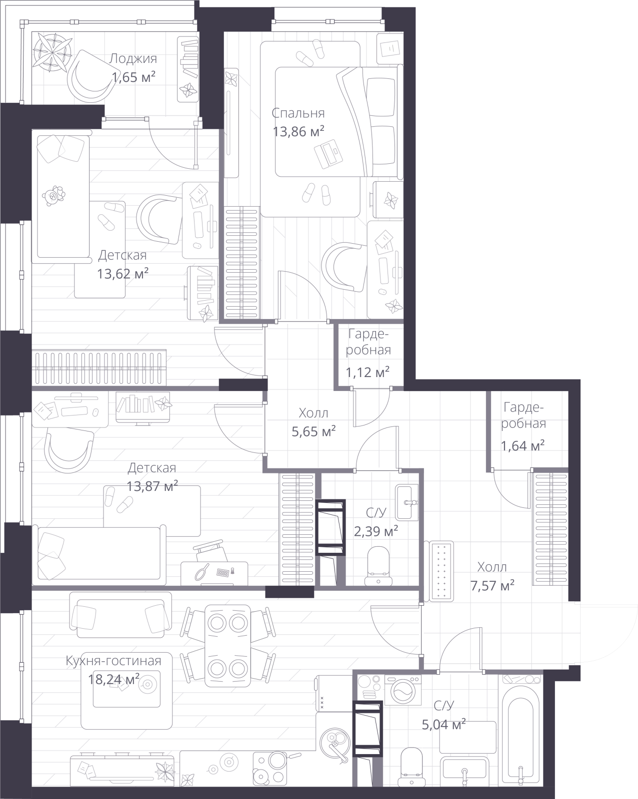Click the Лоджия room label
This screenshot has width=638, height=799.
click(132, 58)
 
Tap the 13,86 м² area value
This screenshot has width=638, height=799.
click(298, 131)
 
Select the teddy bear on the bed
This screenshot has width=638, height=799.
click(53, 195)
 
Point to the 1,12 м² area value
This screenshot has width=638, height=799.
click(367, 372)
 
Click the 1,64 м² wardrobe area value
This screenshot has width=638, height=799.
click(522, 445)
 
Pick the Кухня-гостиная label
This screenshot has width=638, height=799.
click(113, 661)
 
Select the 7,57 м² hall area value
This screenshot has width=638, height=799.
click(492, 585)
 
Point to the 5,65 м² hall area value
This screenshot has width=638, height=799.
click(313, 431)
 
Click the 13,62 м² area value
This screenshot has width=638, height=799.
click(122, 274)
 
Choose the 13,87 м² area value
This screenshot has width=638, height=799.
click(152, 485)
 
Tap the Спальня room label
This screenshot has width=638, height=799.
click(298, 113)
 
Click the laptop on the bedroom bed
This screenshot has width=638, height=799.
click(328, 153)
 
